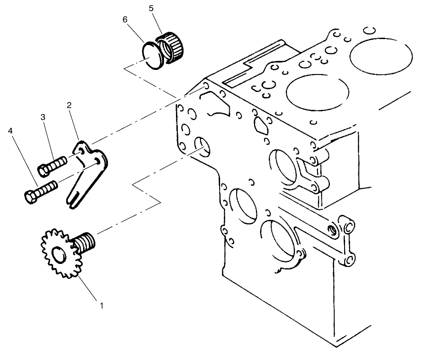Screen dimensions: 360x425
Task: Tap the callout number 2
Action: pos(69,105)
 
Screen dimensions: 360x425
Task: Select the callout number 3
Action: pos(43,117)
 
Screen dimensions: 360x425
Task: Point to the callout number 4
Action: pos(10,131)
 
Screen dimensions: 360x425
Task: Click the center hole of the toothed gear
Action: pos(59,254)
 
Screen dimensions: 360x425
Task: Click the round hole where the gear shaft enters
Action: pos(203,146)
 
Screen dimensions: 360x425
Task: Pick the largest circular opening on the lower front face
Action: pos(281,239)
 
